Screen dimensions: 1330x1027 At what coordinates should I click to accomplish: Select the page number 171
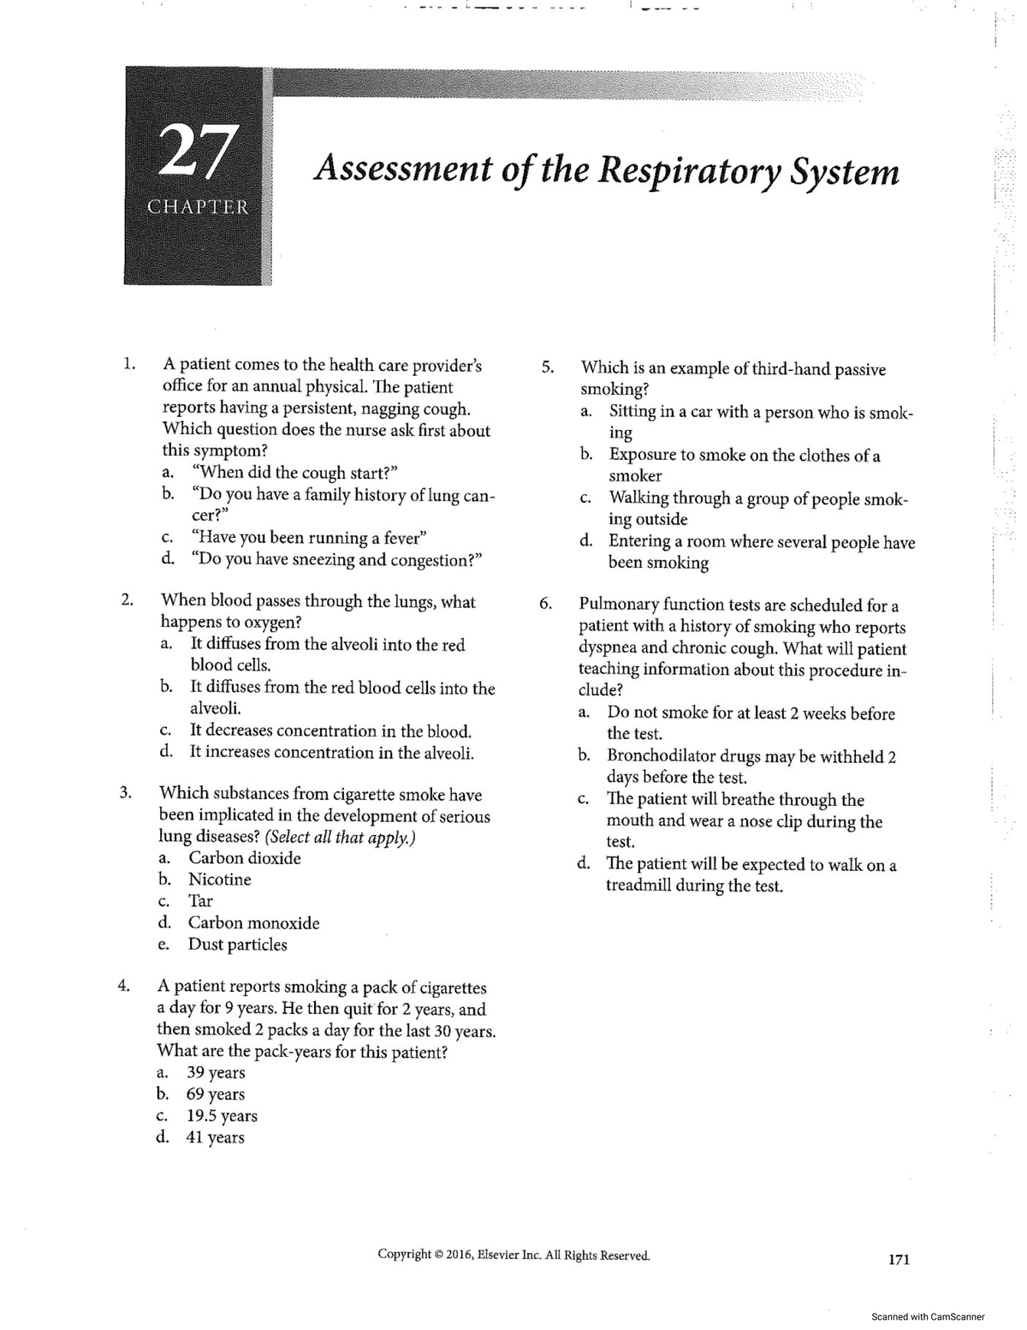click(x=899, y=1259)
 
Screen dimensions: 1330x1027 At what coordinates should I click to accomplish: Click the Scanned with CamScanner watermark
click(x=927, y=1316)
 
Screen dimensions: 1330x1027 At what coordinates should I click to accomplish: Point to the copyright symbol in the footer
click(x=437, y=1255)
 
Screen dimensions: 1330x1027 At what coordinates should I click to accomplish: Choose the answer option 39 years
click(x=216, y=1073)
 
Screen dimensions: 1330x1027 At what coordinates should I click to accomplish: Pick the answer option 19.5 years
click(x=222, y=1116)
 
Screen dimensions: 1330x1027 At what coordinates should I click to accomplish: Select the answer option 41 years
click(x=215, y=1137)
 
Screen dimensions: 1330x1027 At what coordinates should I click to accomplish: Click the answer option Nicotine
click(x=220, y=880)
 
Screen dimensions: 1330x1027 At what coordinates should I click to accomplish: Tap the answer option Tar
click(x=200, y=901)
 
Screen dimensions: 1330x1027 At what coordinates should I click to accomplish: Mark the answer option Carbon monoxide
click(x=253, y=923)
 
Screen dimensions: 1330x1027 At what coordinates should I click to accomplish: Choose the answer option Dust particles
click(x=237, y=945)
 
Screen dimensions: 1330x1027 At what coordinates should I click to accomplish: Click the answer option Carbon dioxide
click(x=244, y=858)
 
